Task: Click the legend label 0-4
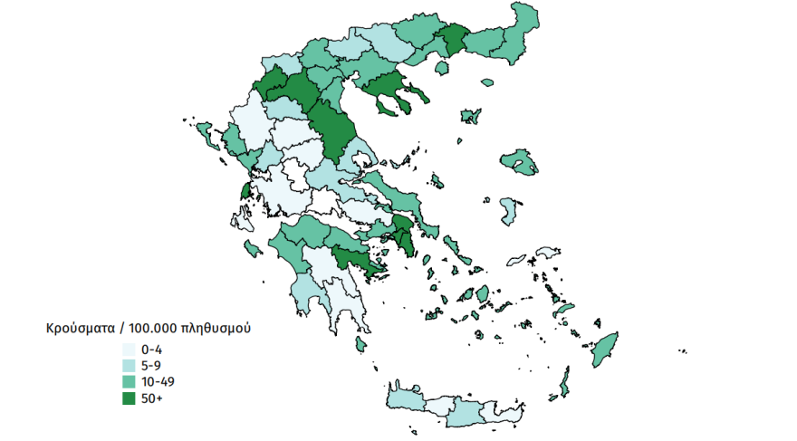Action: tap(152, 350)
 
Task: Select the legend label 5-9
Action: tap(152, 366)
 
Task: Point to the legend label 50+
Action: tap(153, 398)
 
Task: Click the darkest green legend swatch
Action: tap(129, 398)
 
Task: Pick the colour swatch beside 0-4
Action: tap(129, 350)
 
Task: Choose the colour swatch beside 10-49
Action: tap(129, 382)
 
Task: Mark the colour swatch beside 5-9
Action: tap(129, 366)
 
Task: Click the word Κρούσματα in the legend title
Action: tap(82, 328)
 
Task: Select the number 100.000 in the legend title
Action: tap(154, 328)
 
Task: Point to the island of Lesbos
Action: tap(520, 161)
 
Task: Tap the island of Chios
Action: tap(509, 213)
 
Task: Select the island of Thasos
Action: tap(442, 68)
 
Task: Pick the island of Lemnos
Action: tap(470, 116)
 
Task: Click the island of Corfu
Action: tap(207, 135)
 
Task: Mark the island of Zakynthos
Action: tap(253, 247)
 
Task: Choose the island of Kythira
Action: tap(360, 344)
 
